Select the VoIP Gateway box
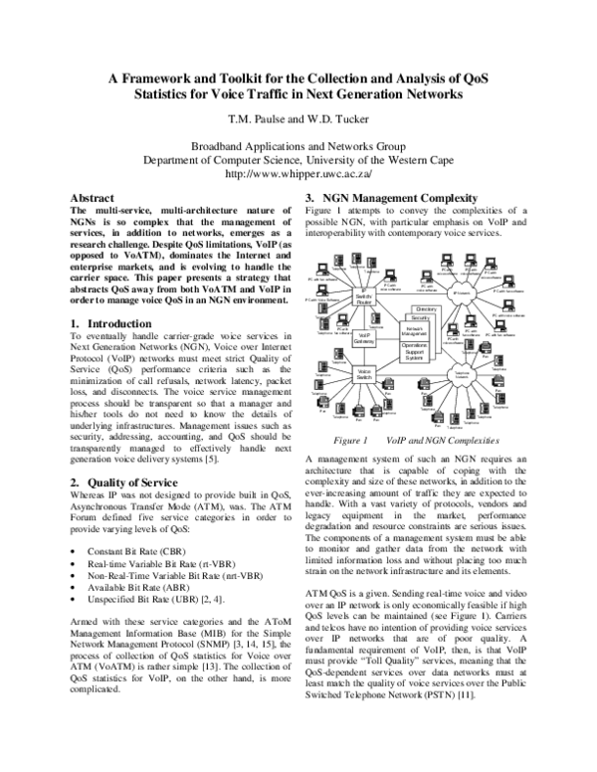pyautogui.click(x=365, y=340)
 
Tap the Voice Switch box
pyautogui.click(x=364, y=375)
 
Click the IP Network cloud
pyautogui.click(x=462, y=292)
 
